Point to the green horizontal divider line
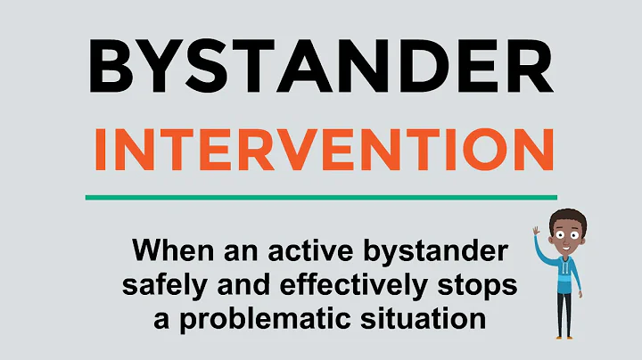(x=320, y=197)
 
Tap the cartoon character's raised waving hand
(x=537, y=233)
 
